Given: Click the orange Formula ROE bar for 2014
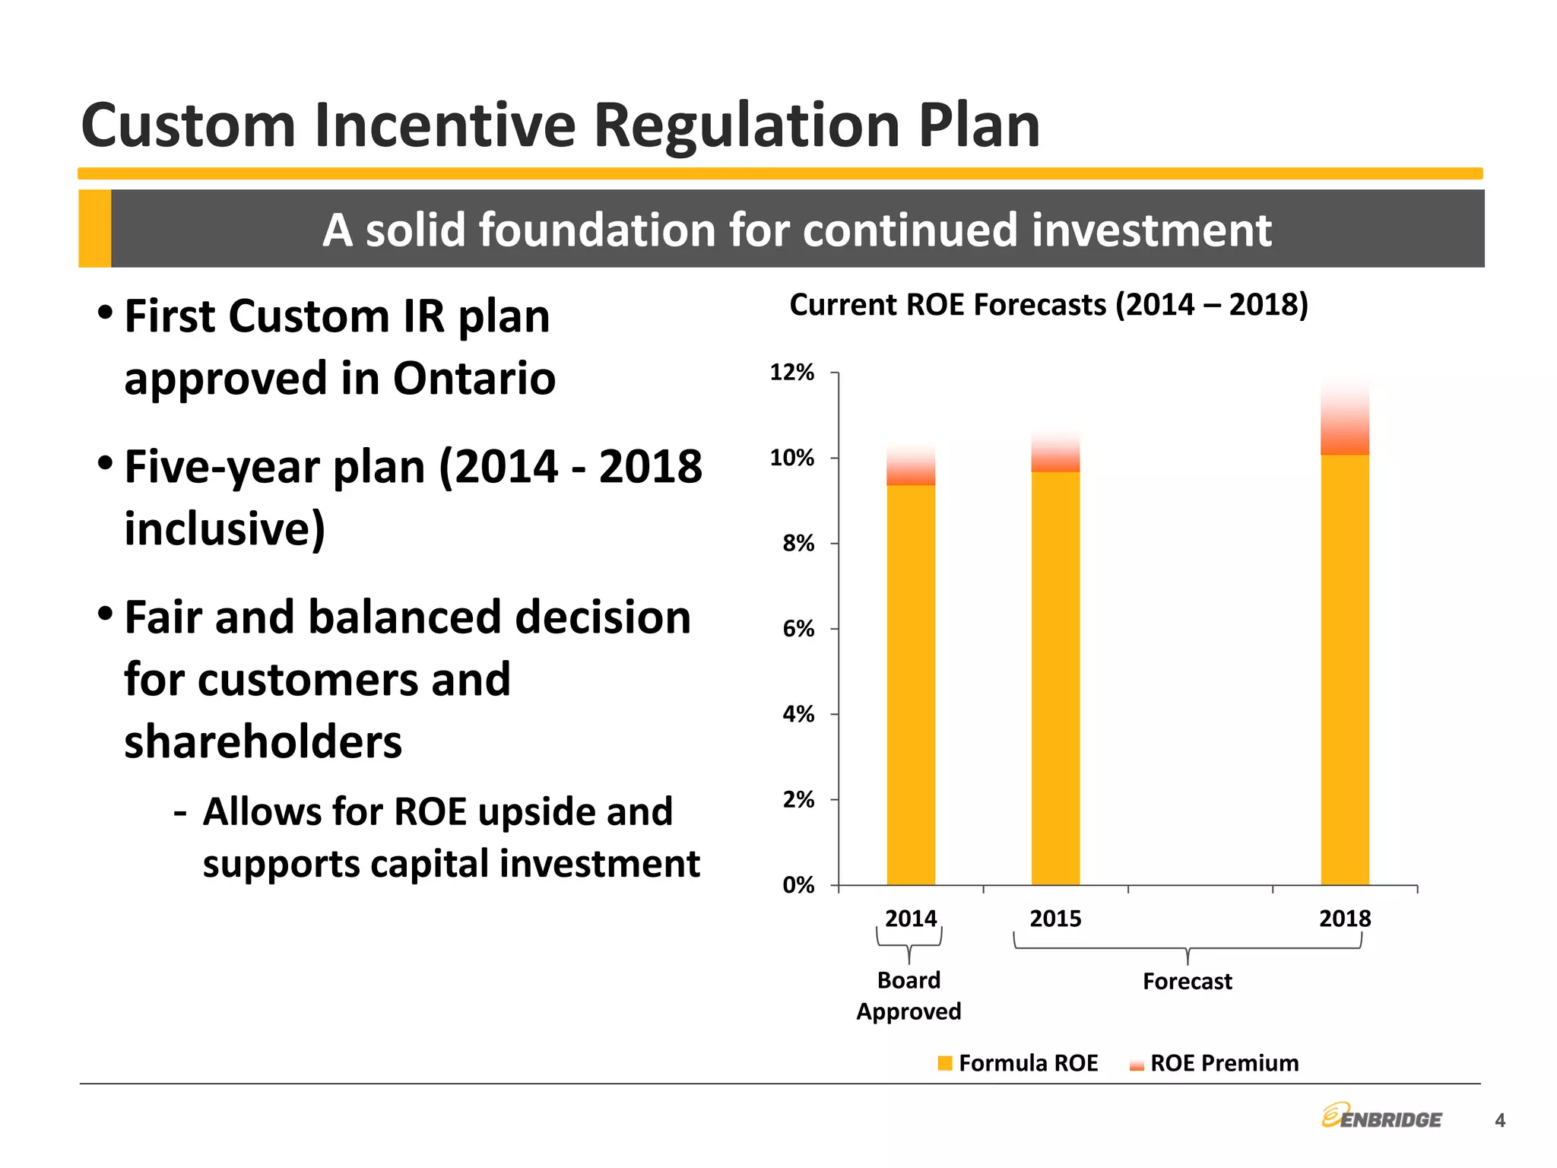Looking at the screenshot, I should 911,684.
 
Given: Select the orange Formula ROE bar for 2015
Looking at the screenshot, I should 1055,677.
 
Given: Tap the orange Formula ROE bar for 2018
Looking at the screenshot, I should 1345,669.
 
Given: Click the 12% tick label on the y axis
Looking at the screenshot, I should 791,373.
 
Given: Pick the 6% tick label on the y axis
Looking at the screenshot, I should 798,629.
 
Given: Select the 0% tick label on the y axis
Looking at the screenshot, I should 798,885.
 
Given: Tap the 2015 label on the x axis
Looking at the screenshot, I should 1055,919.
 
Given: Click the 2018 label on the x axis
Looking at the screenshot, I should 1345,919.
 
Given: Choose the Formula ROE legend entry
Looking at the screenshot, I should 1019,1063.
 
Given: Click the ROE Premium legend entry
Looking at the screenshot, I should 1215,1063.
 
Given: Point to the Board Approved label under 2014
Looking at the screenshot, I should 909,995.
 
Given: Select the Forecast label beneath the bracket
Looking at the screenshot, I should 1187,982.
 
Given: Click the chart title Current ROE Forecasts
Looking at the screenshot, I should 1048,305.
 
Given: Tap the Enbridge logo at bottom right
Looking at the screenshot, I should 1381,1117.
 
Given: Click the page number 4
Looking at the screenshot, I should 1499,1120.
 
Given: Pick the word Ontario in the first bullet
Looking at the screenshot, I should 474,378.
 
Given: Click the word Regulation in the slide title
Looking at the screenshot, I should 748,125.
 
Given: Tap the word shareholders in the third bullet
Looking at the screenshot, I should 263,742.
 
